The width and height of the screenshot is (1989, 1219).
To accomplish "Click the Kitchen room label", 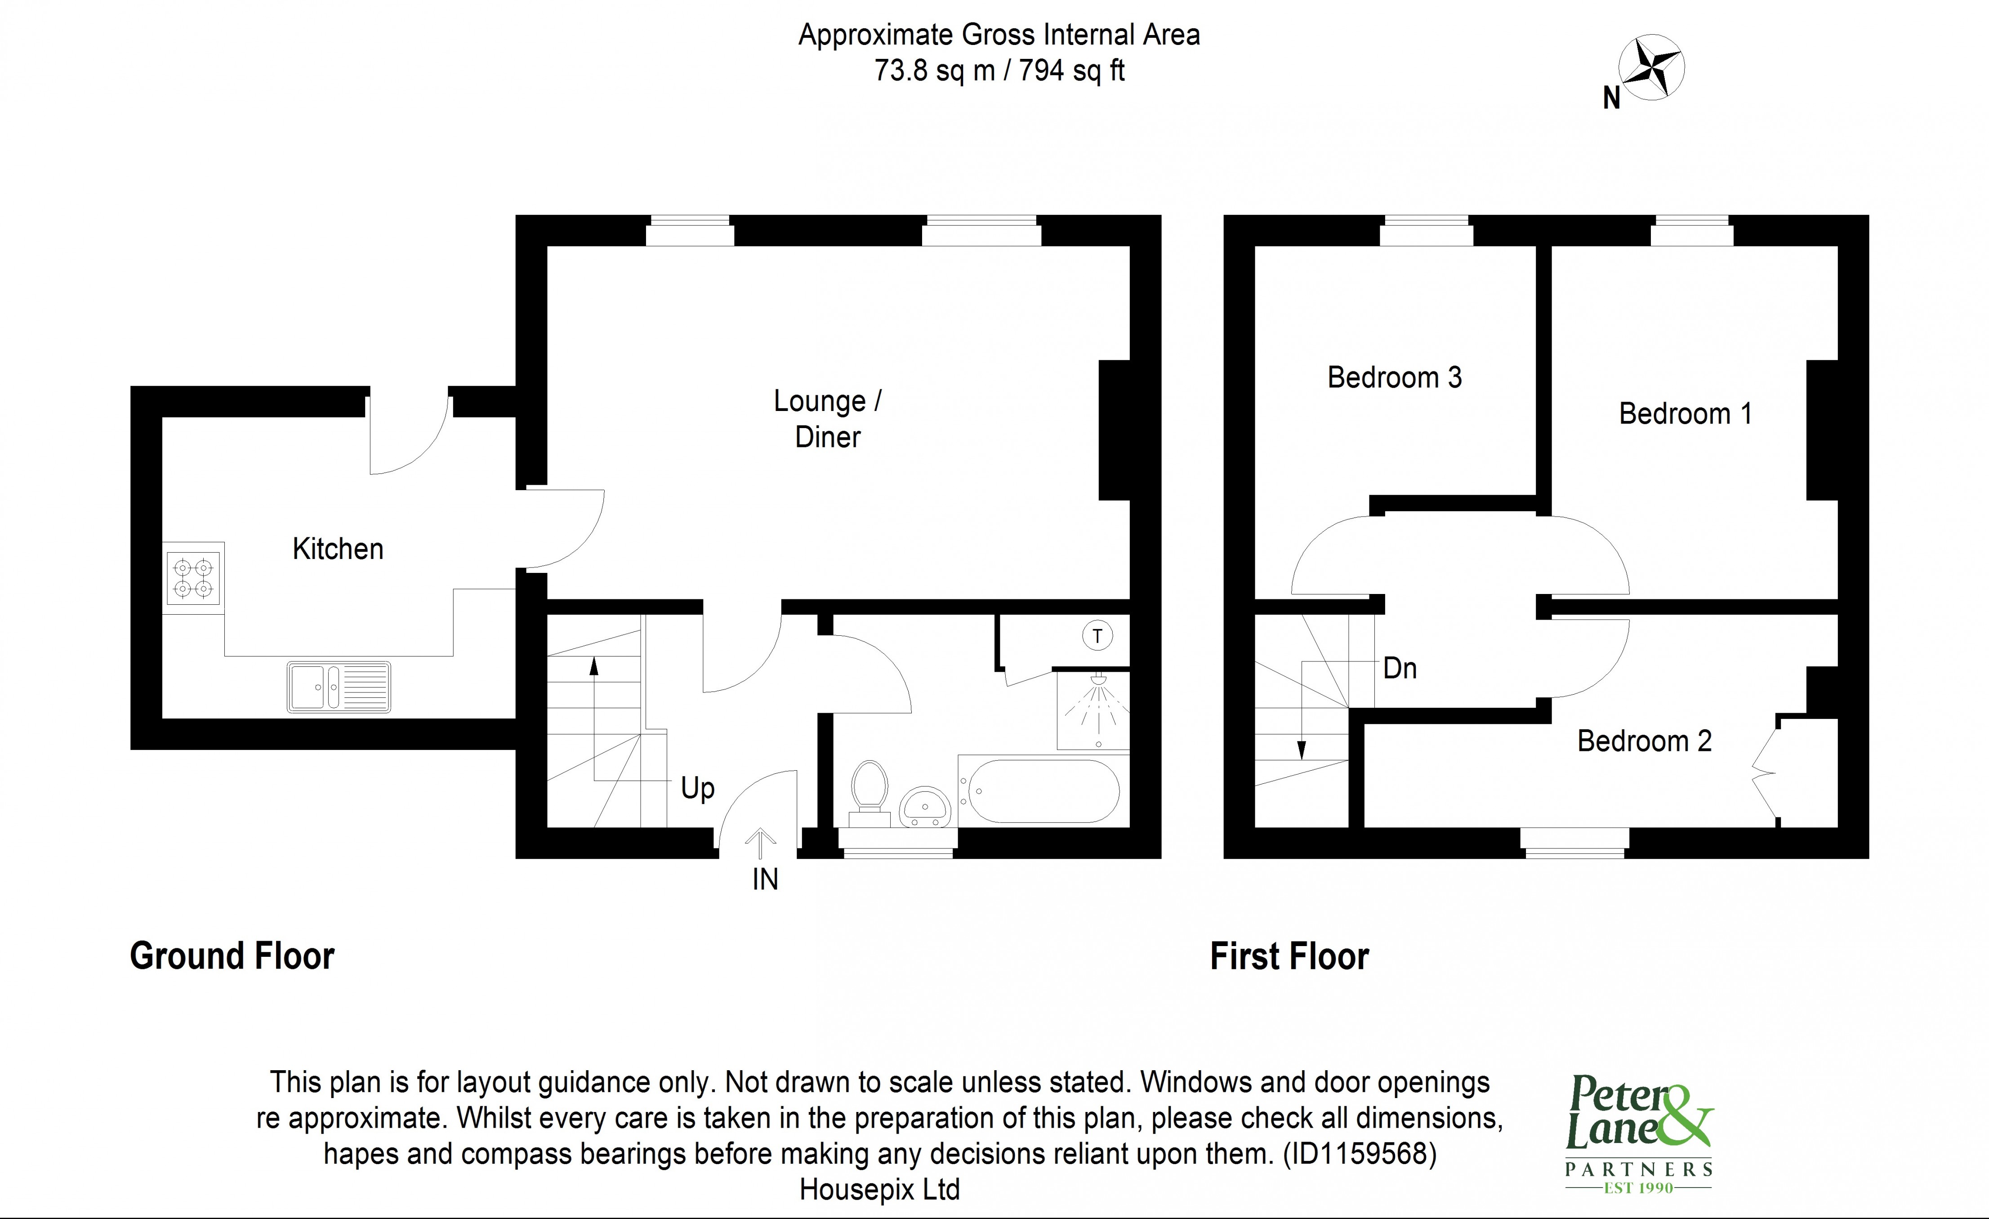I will (x=337, y=549).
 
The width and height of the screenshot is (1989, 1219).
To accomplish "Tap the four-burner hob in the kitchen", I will (x=193, y=578).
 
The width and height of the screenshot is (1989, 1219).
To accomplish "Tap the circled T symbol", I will (x=1097, y=636).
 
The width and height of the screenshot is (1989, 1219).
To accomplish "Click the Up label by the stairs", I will (x=697, y=788).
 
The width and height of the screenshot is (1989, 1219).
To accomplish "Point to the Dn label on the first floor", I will (x=1400, y=669).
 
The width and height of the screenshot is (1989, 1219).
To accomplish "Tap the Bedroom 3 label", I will (x=1394, y=378).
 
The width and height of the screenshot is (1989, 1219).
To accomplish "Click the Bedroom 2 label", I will (x=1644, y=741).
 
